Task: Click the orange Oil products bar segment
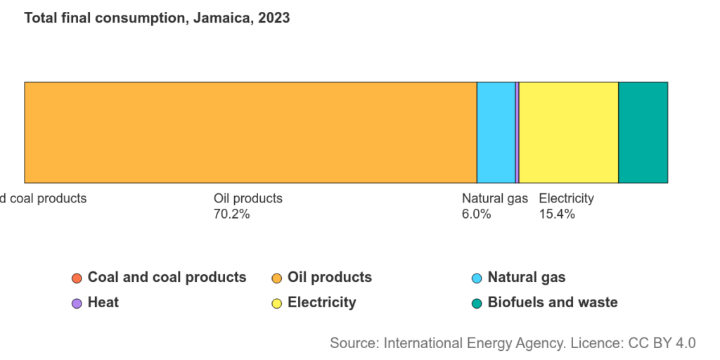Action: (x=250, y=132)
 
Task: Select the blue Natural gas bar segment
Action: (x=496, y=132)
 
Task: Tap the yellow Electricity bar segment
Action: (x=568, y=132)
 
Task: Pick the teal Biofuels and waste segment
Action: (x=643, y=132)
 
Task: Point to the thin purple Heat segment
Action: (x=517, y=132)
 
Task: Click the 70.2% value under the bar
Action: (x=231, y=214)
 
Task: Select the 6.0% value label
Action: (x=476, y=214)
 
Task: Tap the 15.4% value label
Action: (x=557, y=214)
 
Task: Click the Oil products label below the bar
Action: (x=247, y=198)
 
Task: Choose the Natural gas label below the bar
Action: (x=494, y=198)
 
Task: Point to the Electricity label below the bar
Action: (x=566, y=198)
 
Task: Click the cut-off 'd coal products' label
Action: (x=44, y=198)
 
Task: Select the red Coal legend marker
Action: (x=77, y=278)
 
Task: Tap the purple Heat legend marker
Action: (x=77, y=303)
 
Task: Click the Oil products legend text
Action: (x=330, y=277)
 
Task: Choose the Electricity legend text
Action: (x=321, y=302)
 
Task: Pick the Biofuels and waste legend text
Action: (x=552, y=302)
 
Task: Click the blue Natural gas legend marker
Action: (x=477, y=278)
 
